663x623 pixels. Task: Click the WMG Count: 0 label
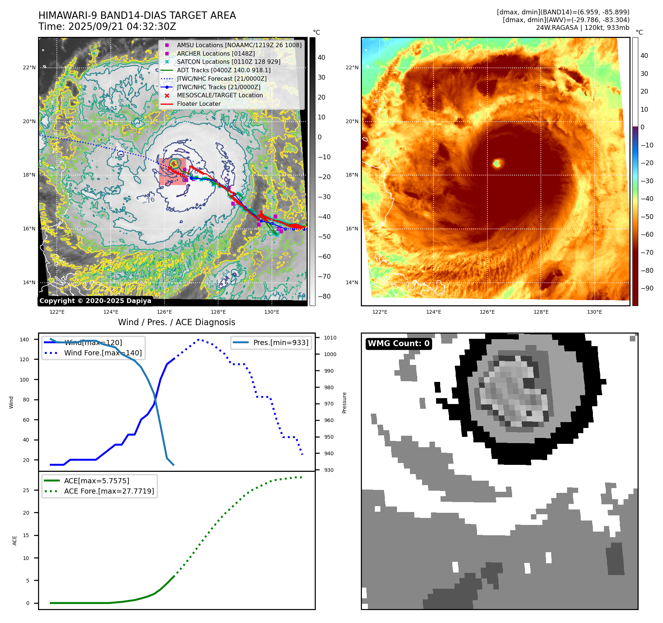click(398, 344)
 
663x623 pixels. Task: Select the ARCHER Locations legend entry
click(215, 53)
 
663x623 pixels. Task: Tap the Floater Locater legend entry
click(198, 104)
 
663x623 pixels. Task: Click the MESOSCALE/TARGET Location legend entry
click(220, 95)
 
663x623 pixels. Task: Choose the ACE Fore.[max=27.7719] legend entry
click(109, 491)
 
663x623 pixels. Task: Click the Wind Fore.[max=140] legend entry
click(103, 353)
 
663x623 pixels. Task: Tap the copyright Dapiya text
click(95, 301)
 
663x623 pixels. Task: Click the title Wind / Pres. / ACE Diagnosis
click(176, 322)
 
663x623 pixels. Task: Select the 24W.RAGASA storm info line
click(583, 28)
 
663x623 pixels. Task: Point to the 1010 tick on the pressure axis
click(330, 338)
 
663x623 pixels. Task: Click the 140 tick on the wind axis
click(24, 340)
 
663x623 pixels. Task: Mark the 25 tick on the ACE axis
click(26, 490)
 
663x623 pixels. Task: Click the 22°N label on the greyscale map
click(30, 67)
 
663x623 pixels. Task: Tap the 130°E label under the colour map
click(594, 312)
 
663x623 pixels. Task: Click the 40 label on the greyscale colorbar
click(321, 58)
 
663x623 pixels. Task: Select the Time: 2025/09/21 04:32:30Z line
click(107, 27)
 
